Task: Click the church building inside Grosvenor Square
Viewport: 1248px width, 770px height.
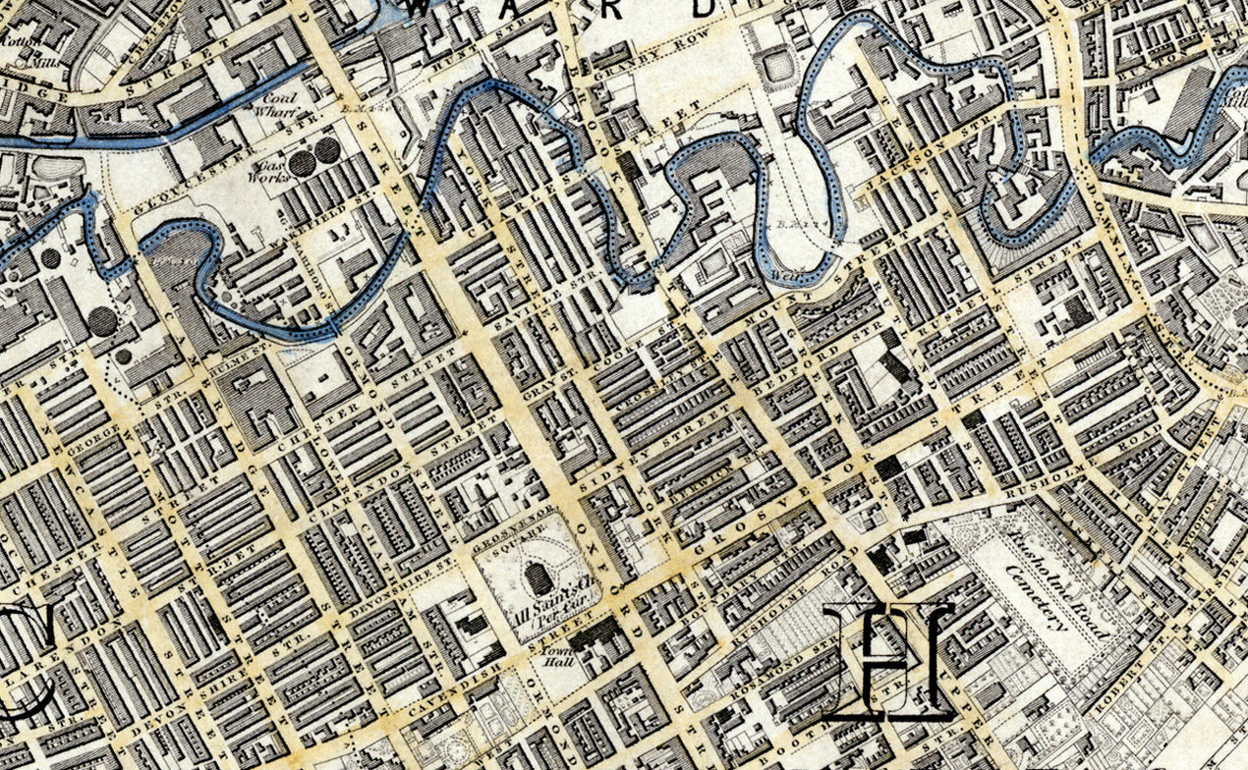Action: pyautogui.click(x=539, y=579)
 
